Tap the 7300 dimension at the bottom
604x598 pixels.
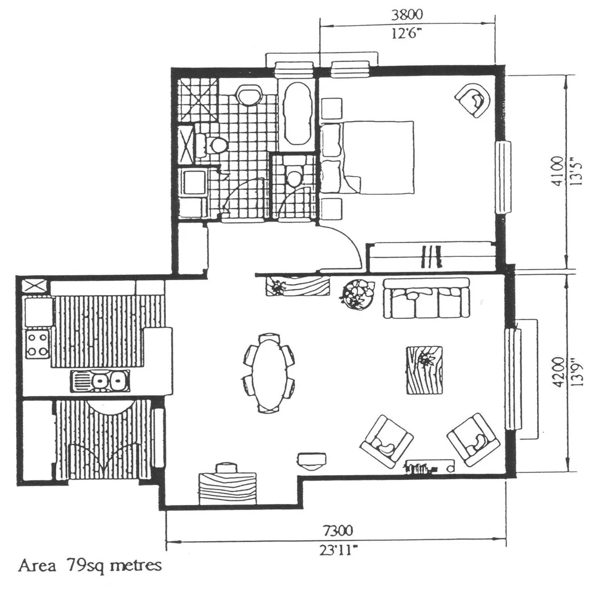pos(337,532)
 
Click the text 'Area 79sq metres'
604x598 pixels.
pos(90,566)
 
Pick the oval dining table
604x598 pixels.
pos(268,373)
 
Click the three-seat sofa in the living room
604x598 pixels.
pos(426,298)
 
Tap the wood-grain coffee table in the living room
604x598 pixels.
pos(424,370)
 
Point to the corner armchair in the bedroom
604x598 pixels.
pos(473,100)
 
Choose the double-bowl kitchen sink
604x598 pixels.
pos(100,381)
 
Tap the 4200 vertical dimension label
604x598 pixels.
pos(559,372)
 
